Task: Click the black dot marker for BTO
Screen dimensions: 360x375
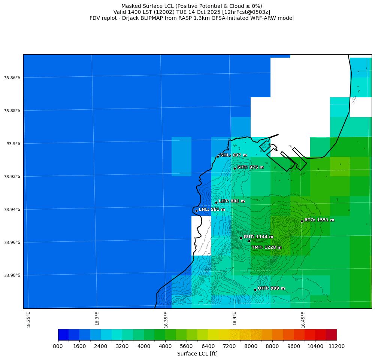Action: (x=302, y=221)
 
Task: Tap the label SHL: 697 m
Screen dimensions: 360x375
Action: (x=233, y=155)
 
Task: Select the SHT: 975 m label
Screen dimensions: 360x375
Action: (x=250, y=167)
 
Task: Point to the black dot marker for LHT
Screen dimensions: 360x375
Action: (x=216, y=202)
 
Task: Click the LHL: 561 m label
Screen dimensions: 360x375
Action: (x=212, y=210)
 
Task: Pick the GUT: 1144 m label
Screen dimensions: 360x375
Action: (x=258, y=237)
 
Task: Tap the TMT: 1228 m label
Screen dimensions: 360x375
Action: (x=266, y=247)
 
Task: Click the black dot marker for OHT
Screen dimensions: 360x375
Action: (x=255, y=290)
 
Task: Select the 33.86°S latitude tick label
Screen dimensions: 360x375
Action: (x=12, y=78)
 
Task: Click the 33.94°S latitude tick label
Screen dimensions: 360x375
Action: (x=12, y=210)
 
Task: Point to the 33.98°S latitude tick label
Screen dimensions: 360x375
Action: (x=12, y=275)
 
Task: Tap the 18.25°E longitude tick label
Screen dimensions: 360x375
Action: (x=29, y=320)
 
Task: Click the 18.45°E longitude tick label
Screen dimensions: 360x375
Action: (x=303, y=320)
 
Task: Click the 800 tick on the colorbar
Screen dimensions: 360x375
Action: (x=58, y=346)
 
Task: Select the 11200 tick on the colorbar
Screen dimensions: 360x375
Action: (x=336, y=346)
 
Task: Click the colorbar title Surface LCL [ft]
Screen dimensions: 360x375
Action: (x=197, y=354)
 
